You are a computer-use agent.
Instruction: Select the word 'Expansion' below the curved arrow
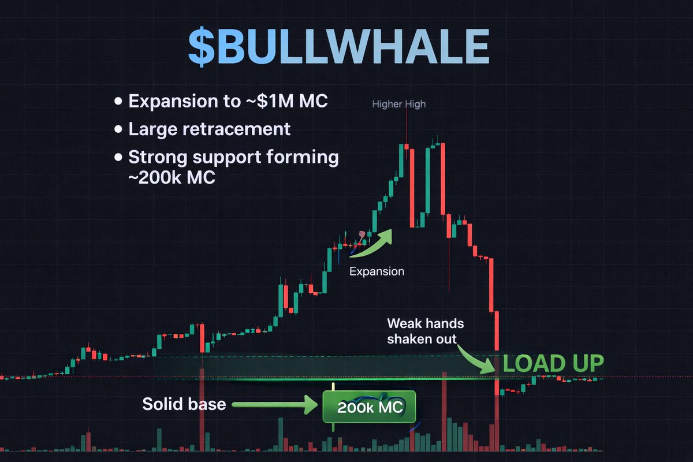click(x=377, y=271)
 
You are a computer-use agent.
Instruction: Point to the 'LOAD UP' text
click(x=553, y=363)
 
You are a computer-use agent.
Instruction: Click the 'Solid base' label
click(x=184, y=404)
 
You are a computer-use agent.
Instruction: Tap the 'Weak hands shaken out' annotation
click(x=425, y=331)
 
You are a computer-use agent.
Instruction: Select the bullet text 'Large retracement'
click(x=209, y=129)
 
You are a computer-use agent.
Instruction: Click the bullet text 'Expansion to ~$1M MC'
click(x=228, y=101)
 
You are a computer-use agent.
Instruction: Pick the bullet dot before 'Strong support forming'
click(x=119, y=157)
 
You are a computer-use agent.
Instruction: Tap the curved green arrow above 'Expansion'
click(x=371, y=243)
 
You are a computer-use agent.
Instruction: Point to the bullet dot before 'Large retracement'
click(x=119, y=129)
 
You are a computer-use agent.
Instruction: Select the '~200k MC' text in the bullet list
click(x=172, y=178)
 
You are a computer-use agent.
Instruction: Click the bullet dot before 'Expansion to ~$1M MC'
click(x=119, y=102)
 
